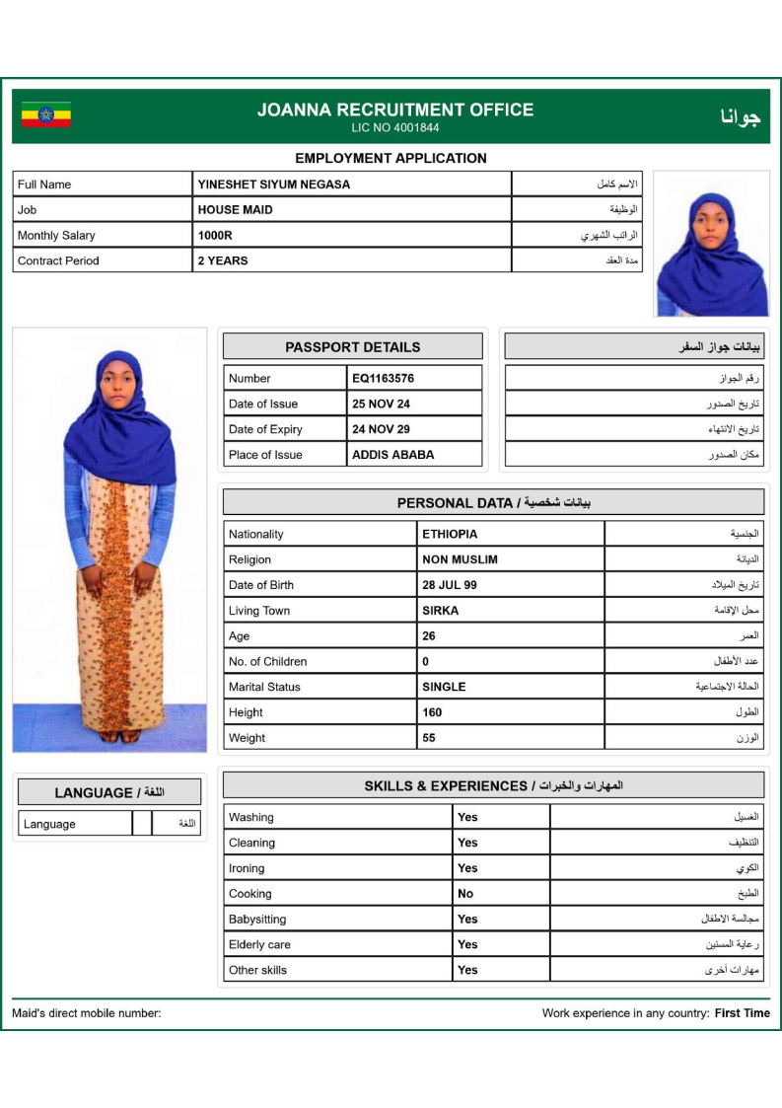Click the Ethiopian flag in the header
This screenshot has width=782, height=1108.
click(46, 115)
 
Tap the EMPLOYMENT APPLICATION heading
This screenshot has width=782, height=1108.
click(391, 158)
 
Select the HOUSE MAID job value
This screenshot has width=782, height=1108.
click(235, 210)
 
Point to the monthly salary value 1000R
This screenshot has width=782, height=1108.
click(215, 236)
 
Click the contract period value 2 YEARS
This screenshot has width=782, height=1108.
click(223, 261)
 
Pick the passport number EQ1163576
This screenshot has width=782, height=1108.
click(383, 379)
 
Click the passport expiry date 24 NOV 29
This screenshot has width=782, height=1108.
click(381, 430)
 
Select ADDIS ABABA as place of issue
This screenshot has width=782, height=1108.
click(392, 456)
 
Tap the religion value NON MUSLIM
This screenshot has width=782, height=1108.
click(460, 560)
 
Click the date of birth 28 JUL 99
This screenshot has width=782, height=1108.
click(449, 586)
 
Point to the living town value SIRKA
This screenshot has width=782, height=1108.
click(440, 612)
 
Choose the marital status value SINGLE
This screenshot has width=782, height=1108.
click(444, 688)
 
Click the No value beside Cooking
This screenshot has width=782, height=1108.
click(465, 894)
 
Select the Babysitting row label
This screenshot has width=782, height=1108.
click(257, 920)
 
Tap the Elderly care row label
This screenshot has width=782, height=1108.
click(259, 945)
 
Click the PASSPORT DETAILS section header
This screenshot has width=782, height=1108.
click(352, 347)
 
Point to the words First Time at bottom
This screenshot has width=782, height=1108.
click(742, 1013)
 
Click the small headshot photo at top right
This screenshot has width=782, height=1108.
click(711, 245)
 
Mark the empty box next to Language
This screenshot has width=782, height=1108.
click(142, 824)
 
